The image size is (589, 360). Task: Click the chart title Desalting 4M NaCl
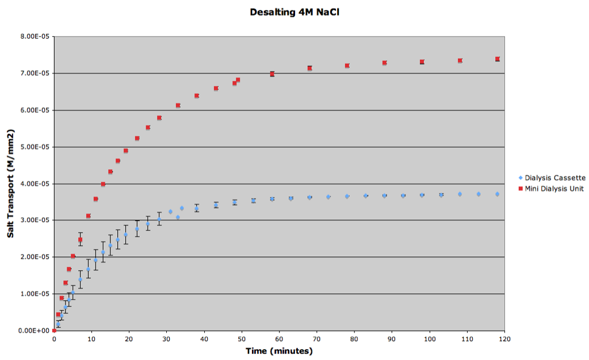pos(294,13)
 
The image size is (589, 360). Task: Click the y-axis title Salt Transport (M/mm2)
pos(10,183)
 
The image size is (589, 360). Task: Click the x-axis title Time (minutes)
pos(279,351)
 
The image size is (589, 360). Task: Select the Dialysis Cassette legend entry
pos(552,178)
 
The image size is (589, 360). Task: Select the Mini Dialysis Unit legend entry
pos(551,189)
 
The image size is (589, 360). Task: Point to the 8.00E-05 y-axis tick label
pos(35,36)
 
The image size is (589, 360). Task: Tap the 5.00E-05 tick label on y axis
pos(35,147)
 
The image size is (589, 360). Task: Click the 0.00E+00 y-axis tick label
pos(34,331)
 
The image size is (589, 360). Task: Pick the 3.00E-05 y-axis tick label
pos(35,220)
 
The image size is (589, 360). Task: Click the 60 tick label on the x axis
pos(279,339)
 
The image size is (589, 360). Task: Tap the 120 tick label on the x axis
pos(504,339)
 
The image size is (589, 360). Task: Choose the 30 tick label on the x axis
pos(166,339)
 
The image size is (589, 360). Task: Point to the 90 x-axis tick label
pos(392,339)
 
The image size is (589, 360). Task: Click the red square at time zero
pos(54,331)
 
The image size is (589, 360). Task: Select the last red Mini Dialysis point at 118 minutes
pos(498,59)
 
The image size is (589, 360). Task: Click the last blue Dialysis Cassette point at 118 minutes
pos(498,194)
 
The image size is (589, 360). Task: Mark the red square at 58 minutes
pos(272,74)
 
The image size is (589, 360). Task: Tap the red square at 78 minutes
pos(347,66)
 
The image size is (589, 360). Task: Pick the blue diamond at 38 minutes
pos(197,209)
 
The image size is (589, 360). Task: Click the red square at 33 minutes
pos(178,105)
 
